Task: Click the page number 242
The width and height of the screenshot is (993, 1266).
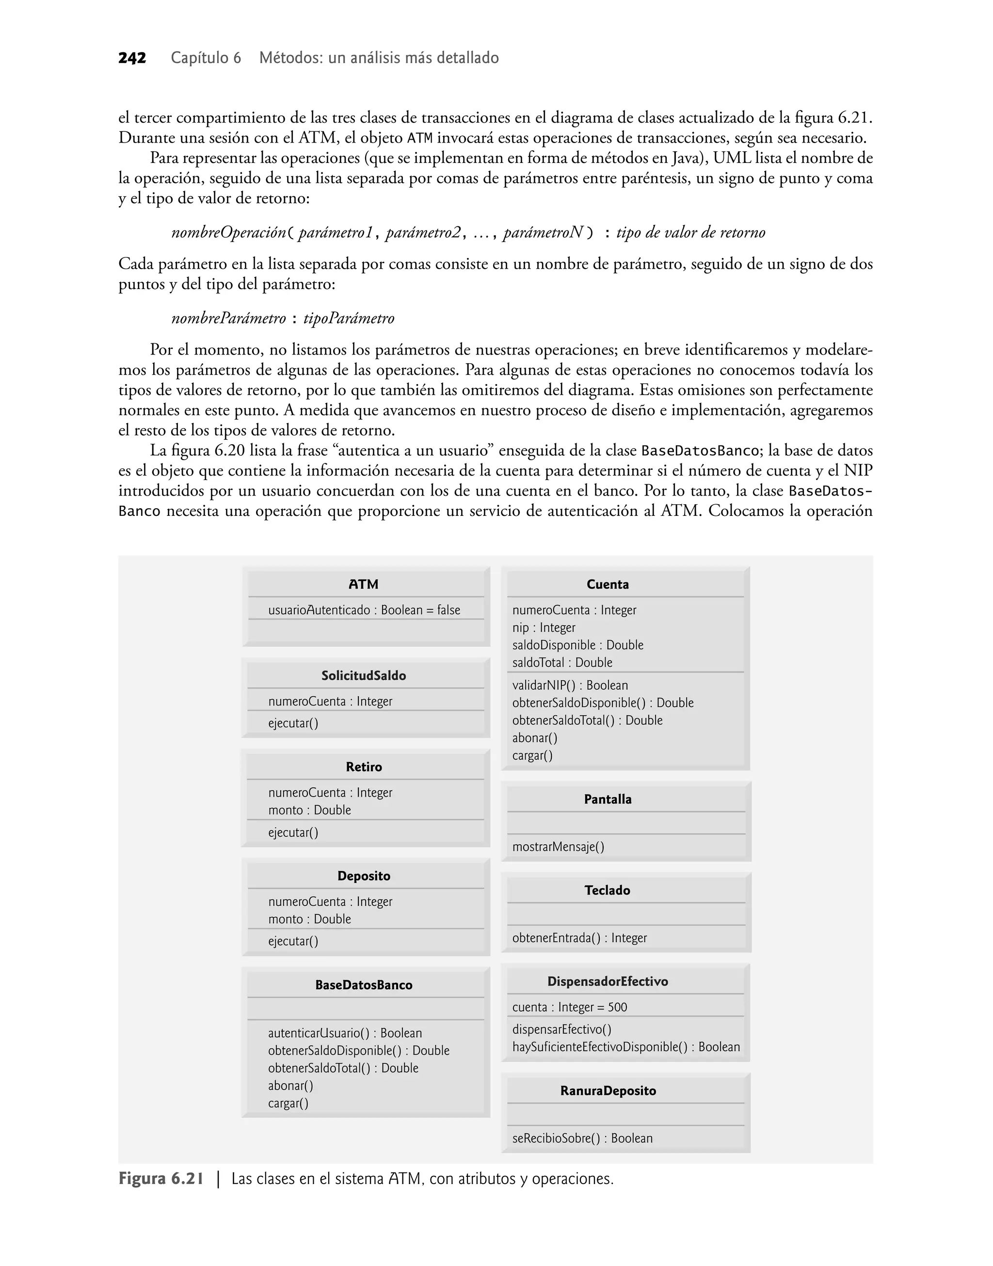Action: pos(132,58)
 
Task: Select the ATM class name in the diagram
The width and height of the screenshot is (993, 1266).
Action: pos(363,584)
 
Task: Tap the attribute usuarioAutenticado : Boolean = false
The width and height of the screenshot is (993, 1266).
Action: pos(364,610)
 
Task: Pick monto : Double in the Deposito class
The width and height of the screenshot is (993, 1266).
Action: pos(309,919)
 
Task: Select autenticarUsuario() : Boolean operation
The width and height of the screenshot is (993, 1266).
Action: pos(345,1033)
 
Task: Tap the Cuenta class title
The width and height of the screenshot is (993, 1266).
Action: pos(608,584)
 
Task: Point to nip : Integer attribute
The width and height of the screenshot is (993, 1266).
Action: pos(544,628)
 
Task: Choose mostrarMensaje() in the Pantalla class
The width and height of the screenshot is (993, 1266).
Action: pos(558,847)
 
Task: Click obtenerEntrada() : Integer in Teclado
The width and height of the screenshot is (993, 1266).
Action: pos(579,938)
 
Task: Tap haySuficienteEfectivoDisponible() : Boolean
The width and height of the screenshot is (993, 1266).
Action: pos(625,1047)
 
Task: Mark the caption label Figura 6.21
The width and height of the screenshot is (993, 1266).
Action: pos(161,1179)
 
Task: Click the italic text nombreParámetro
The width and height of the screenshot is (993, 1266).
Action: pos(228,319)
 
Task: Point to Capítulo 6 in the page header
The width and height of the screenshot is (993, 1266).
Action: pos(206,58)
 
